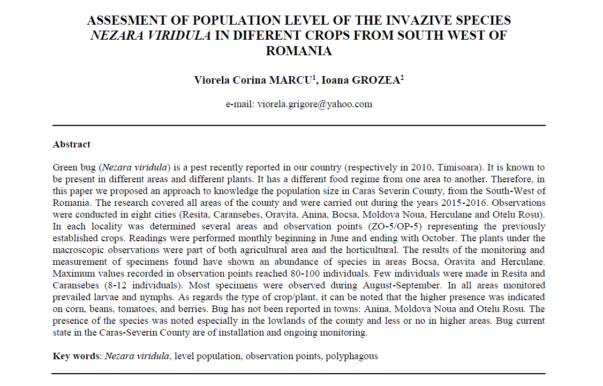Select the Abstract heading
coord(72,144)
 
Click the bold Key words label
coord(77,356)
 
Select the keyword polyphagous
coord(351,356)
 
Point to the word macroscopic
coord(79,250)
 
